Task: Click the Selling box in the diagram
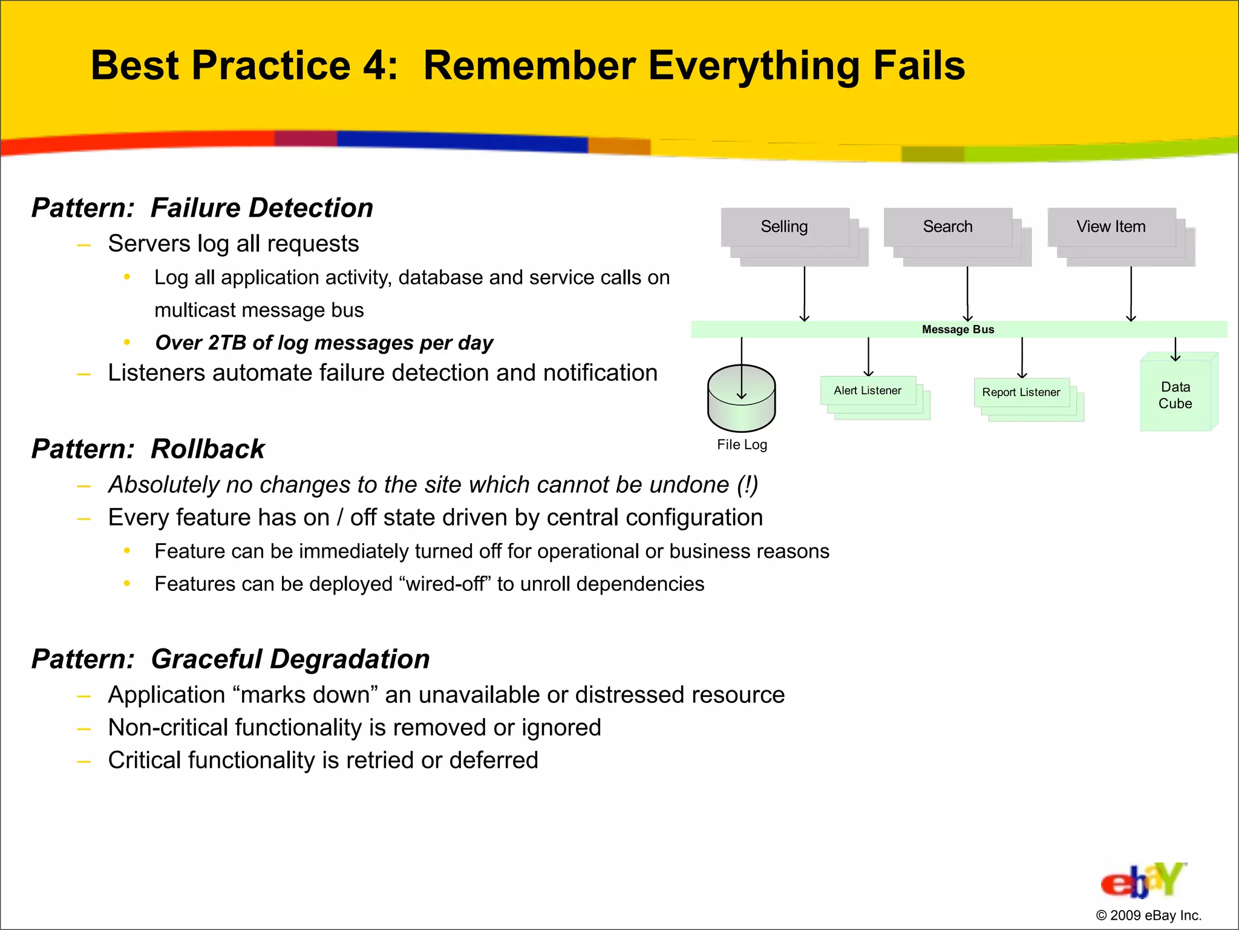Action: click(x=785, y=227)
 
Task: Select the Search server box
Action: click(x=947, y=227)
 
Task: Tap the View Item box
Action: click(x=1111, y=227)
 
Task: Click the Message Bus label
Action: click(x=958, y=329)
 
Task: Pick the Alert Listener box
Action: click(x=868, y=391)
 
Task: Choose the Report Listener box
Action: click(x=1021, y=392)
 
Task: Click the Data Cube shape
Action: click(x=1175, y=395)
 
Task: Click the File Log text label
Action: click(x=742, y=445)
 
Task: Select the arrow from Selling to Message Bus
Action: click(x=804, y=294)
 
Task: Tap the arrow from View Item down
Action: click(x=1131, y=294)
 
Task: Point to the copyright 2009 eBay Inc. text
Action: click(x=1148, y=915)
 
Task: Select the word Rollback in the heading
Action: click(x=208, y=449)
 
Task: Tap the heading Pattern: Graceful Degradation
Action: click(x=230, y=659)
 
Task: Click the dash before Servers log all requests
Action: click(x=83, y=245)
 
